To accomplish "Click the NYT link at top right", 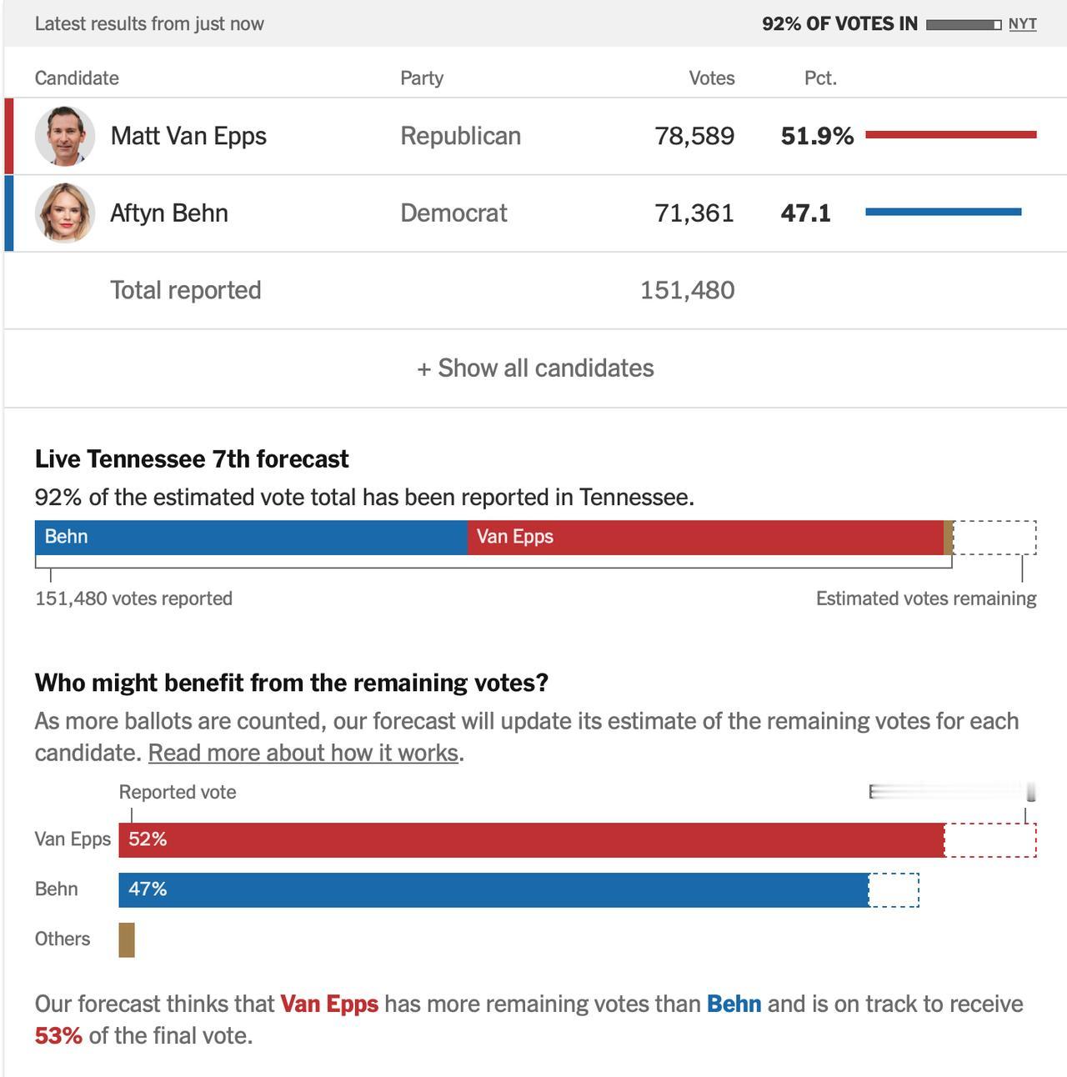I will (1022, 24).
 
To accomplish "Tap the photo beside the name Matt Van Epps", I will (65, 136).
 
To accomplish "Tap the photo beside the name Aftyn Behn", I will (65, 213).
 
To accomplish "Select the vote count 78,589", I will (694, 136).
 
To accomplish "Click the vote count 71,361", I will (694, 213).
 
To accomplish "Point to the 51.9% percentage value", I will (817, 136).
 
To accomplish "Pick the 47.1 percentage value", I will (805, 213).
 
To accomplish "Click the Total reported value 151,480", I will (687, 290).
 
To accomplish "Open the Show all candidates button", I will (535, 368).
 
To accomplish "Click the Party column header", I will (422, 78).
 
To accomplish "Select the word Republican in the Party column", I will (460, 136).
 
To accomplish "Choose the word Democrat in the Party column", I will (453, 213).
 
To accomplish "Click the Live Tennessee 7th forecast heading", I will (192, 459).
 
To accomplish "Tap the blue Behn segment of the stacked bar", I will (250, 538).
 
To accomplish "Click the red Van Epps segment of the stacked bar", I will (705, 538).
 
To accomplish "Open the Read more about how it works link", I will (303, 753).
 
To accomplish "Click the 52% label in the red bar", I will (148, 839).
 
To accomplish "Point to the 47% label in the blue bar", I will (148, 889).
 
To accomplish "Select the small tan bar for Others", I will (127, 939).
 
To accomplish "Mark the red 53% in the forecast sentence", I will (58, 1036).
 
